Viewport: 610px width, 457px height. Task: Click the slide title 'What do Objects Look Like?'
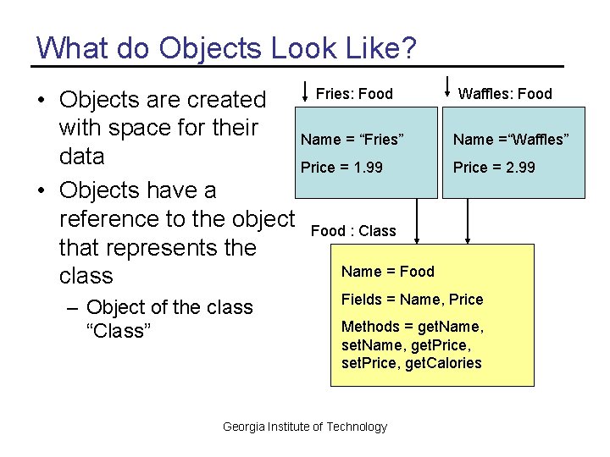226,47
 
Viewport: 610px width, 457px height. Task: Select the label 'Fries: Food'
354,94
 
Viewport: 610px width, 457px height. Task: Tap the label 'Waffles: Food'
505,94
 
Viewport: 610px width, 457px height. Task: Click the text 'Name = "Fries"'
352,140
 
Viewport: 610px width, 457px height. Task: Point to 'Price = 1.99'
341,168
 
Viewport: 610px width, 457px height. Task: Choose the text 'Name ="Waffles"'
511,140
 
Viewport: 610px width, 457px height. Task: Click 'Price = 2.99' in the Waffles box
494,168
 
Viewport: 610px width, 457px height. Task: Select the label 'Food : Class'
353,231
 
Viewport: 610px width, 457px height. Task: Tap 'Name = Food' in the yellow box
387,272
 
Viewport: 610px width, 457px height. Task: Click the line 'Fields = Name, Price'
412,300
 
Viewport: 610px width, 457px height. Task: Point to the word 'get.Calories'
444,364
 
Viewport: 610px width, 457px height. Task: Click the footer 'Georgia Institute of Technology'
304,427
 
